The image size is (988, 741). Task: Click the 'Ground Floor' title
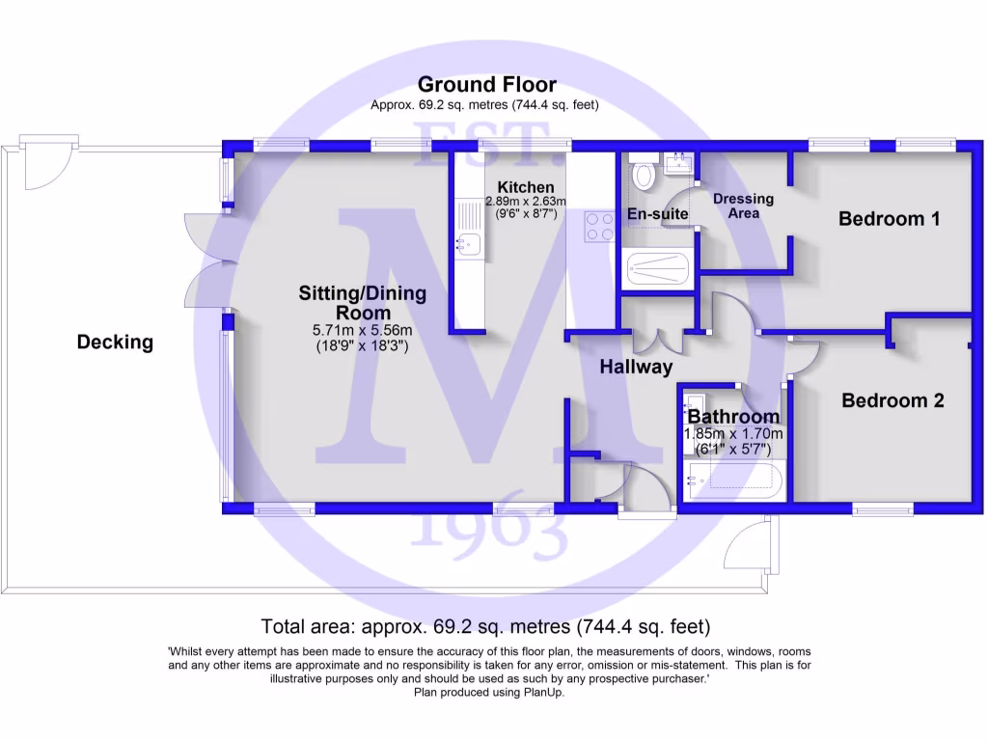point(486,85)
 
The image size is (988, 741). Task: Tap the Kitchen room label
point(526,187)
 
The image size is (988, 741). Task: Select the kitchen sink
point(470,244)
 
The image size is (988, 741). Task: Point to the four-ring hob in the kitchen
point(599,227)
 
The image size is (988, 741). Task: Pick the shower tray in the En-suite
point(657,267)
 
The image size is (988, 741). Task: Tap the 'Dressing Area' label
point(743,206)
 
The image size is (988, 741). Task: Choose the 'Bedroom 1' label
point(889,219)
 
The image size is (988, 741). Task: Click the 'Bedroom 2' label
point(892,400)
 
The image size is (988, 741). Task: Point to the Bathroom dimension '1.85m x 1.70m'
point(733,433)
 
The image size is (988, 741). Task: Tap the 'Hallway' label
point(636,367)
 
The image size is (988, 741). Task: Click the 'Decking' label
point(115,342)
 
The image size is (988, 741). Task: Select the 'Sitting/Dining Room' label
point(362,303)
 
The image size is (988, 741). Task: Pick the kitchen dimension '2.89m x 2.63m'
point(525,202)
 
